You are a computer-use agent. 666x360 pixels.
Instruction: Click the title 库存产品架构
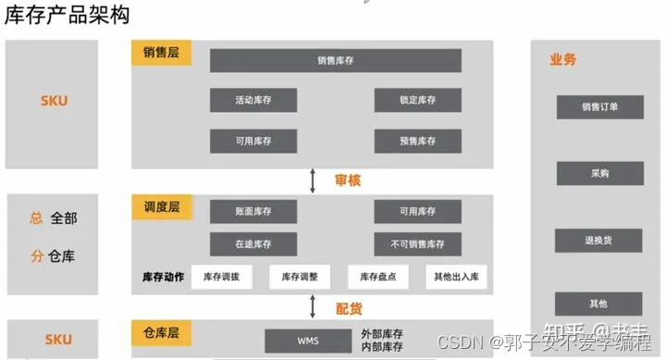(x=67, y=16)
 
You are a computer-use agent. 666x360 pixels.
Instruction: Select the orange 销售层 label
(x=161, y=53)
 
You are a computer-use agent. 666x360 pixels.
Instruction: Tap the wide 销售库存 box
(x=335, y=61)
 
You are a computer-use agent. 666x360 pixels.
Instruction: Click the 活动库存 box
(x=253, y=100)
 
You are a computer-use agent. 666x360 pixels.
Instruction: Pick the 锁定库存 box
(x=417, y=100)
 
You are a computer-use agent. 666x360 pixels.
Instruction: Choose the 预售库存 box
(x=417, y=142)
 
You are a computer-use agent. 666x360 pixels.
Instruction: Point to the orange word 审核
(x=348, y=180)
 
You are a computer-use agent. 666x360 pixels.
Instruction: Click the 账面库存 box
(x=253, y=212)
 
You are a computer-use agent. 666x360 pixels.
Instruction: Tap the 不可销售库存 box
(x=417, y=244)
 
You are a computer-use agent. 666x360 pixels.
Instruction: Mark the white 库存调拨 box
(x=222, y=277)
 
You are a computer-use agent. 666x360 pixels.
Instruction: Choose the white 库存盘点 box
(x=378, y=277)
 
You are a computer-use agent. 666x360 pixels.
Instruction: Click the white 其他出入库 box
(x=457, y=277)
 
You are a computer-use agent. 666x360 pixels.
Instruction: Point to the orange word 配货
(x=348, y=307)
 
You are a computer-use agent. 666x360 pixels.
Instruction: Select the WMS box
(x=308, y=341)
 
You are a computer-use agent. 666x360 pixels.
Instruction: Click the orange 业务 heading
(x=562, y=60)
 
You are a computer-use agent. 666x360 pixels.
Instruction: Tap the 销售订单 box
(x=599, y=107)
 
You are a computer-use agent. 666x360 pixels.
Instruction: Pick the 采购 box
(x=599, y=173)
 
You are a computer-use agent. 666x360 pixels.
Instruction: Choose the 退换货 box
(x=599, y=240)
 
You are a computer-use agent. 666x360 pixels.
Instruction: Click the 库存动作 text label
(x=163, y=277)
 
